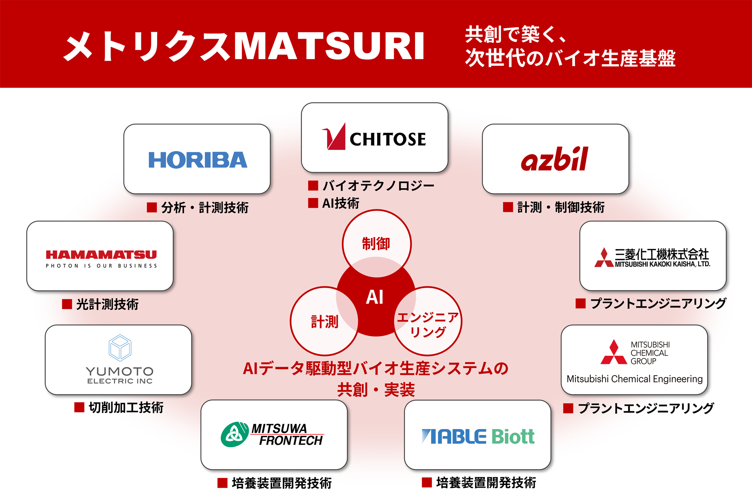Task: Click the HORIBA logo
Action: [198, 160]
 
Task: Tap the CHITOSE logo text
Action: [387, 139]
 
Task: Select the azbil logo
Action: [555, 159]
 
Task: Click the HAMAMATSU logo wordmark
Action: [101, 255]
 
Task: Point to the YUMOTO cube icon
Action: [120, 348]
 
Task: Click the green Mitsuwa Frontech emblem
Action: [234, 434]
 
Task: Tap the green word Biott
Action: [513, 436]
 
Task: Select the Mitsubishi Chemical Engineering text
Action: [634, 379]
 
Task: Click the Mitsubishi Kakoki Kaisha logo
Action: [652, 258]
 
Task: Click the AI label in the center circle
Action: [374, 297]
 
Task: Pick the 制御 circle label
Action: [376, 244]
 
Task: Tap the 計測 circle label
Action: [324, 322]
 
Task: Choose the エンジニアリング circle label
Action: [428, 324]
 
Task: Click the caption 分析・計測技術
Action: [204, 207]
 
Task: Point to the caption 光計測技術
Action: [107, 304]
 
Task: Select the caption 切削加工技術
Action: [126, 407]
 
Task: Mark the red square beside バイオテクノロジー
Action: [313, 185]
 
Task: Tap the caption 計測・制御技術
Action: [560, 207]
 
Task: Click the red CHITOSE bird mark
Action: [334, 137]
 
